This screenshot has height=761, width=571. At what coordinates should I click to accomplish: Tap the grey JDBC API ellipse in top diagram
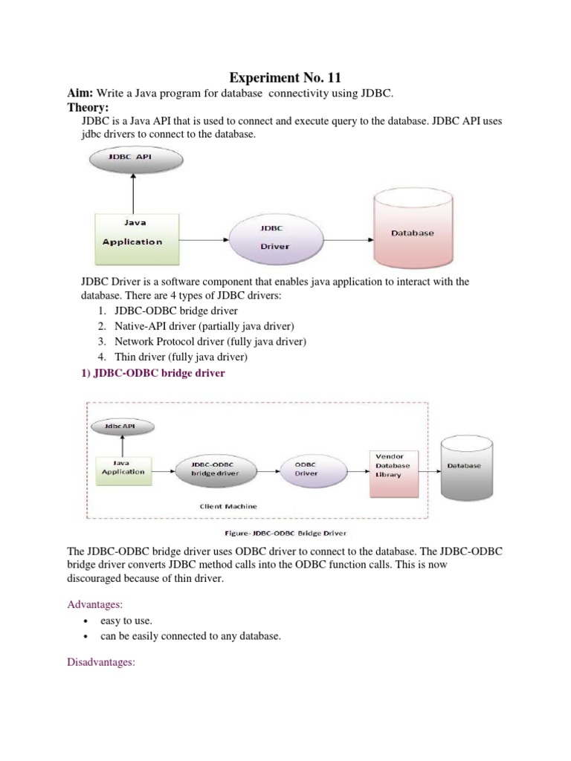coord(133,158)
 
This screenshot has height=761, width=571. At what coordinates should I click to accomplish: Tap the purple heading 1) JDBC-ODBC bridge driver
coord(152,374)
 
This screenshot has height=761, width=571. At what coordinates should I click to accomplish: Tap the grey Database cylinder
coord(463,468)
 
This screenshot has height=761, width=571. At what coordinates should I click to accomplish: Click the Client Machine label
coord(229,506)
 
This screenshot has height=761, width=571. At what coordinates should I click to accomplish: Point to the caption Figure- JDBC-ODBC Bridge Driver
coord(285,532)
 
